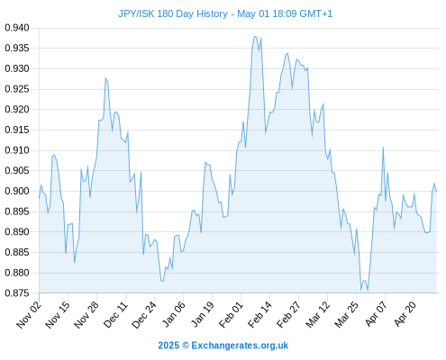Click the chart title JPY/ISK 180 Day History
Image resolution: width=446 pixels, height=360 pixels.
173,14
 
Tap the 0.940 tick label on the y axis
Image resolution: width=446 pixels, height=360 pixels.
17,28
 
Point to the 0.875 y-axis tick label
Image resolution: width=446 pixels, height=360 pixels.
17,292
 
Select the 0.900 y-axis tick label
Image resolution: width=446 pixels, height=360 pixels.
17,191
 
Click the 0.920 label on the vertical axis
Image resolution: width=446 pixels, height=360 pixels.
17,110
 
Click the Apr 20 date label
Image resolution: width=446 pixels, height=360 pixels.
405,314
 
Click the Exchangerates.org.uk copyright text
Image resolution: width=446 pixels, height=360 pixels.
223,346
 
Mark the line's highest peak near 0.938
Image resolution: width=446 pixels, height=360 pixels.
255,37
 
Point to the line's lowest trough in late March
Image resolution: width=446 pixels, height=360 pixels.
361,291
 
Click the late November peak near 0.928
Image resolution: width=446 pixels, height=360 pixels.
105,78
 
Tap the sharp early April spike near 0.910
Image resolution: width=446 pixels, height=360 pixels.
383,148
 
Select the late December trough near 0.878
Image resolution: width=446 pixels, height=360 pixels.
162,281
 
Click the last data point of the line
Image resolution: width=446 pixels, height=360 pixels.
436,192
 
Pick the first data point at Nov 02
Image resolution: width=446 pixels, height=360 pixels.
39,198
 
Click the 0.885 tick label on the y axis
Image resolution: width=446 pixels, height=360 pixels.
17,252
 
